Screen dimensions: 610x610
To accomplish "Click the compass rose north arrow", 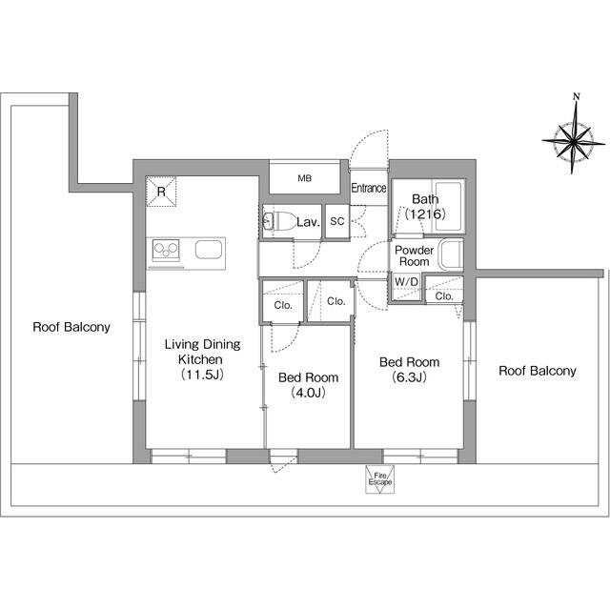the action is coord(574,133).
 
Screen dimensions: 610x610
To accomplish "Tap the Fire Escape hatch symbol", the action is coord(379,479).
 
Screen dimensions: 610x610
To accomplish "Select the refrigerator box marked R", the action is coord(161,192).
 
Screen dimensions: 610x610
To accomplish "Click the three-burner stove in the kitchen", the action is coord(166,250).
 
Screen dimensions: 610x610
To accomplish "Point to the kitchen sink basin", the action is coord(209,250).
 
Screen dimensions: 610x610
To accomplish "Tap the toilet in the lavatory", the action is coord(279,221).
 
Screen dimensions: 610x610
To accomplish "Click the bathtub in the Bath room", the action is coord(449,206).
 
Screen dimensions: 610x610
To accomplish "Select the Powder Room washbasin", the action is coord(451,254).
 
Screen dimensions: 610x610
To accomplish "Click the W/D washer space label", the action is coord(406,282).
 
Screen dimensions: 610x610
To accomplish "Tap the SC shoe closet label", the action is coord(337,221).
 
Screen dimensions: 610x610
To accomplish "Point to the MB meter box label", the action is coord(305,178).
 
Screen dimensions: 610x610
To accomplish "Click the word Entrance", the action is coord(369,189).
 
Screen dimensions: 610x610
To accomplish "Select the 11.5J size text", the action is coord(202,375).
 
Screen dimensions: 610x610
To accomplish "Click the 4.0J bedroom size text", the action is coord(308,393).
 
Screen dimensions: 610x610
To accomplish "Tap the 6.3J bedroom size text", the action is coord(409,377).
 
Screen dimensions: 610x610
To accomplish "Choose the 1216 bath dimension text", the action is coord(425,213).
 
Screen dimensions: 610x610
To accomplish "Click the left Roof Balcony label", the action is coord(71,327).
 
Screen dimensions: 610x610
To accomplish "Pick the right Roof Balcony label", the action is coord(538,371).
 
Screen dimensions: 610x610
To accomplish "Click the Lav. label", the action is coord(308,222).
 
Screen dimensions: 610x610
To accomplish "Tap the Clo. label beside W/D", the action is coord(444,296).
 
